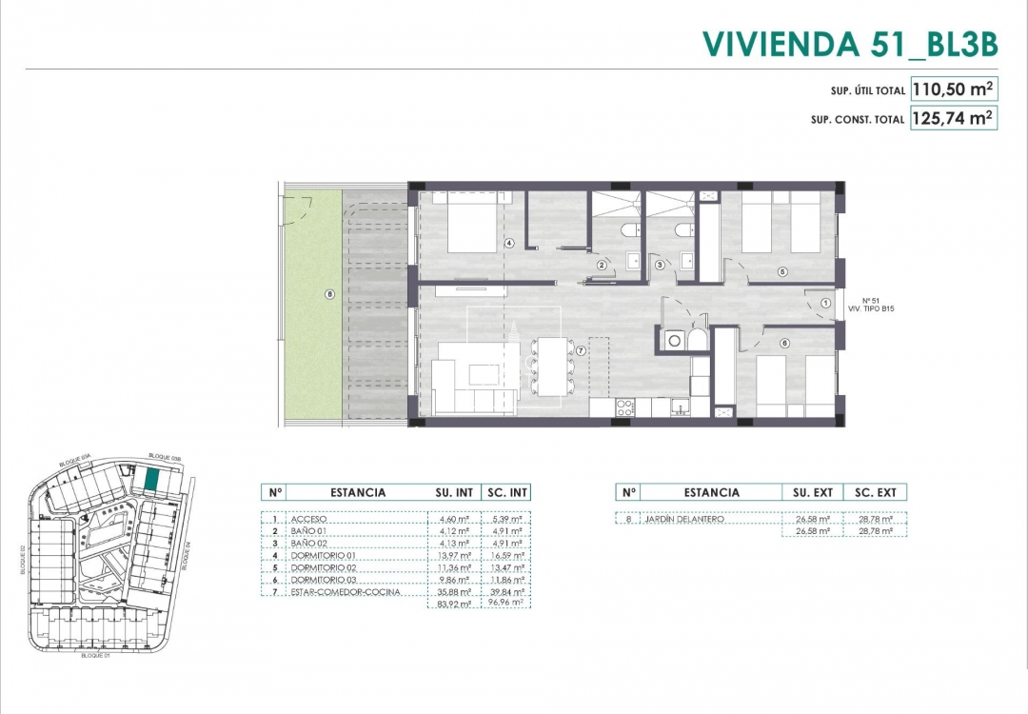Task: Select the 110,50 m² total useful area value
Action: point(953,89)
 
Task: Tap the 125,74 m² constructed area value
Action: point(953,119)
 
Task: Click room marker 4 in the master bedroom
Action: point(509,244)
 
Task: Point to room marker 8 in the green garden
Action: point(329,294)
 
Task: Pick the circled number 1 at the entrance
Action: point(823,304)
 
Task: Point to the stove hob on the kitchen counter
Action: point(625,408)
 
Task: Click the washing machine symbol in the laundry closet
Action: point(675,339)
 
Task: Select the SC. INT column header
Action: point(506,492)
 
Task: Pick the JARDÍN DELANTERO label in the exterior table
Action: point(683,519)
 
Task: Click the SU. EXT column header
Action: point(813,492)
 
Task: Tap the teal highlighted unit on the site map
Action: point(151,480)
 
